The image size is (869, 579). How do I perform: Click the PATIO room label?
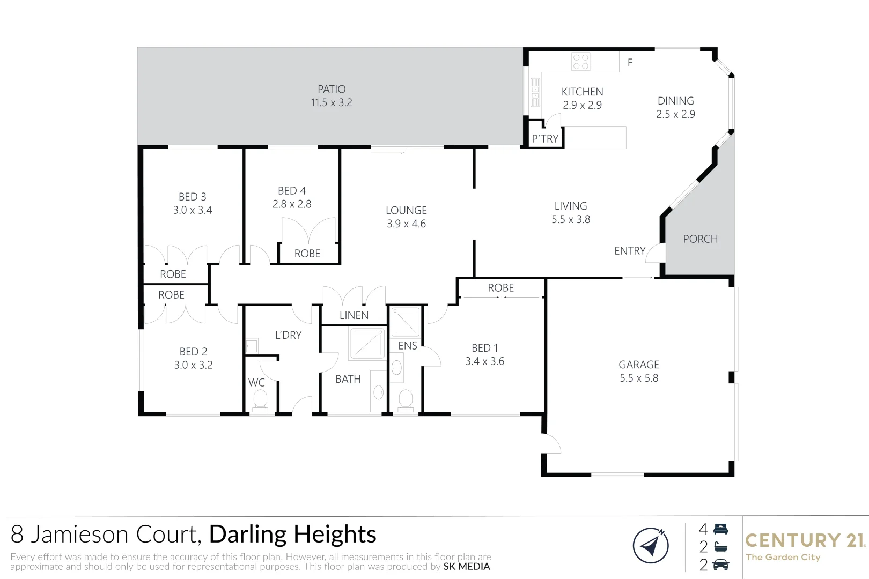(332, 90)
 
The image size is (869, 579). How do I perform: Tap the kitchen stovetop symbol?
(580, 62)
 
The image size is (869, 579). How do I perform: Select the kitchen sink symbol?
(535, 92)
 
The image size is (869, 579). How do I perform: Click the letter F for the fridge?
(630, 63)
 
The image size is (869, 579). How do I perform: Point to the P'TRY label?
(545, 139)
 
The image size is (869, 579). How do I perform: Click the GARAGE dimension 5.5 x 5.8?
(638, 378)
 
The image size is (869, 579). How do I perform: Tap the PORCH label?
(700, 239)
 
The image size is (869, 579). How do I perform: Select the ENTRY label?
(630, 251)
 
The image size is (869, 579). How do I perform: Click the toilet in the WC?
(260, 399)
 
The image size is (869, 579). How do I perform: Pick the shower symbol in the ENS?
(406, 322)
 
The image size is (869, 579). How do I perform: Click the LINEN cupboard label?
(354, 315)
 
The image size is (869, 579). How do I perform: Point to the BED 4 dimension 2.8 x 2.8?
(292, 204)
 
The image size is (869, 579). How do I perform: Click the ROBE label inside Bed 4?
(307, 254)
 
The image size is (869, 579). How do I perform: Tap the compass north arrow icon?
(650, 546)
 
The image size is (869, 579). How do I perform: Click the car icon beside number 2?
(721, 565)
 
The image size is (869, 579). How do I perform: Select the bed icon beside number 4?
(721, 529)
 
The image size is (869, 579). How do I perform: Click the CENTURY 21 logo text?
(805, 540)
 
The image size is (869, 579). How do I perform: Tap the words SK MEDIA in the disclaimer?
(467, 567)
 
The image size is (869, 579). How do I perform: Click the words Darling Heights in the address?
(292, 535)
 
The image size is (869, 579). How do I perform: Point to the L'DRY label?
(288, 335)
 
